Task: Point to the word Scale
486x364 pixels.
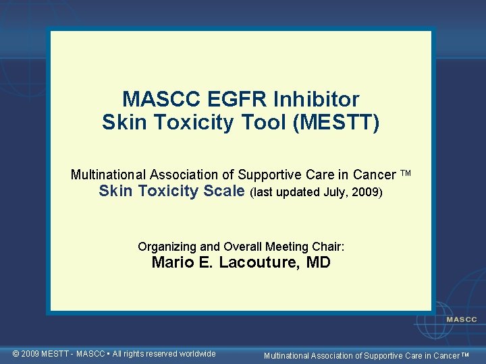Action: coord(223,191)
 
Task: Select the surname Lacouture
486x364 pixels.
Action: coord(258,263)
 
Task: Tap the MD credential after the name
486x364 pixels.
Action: coord(318,263)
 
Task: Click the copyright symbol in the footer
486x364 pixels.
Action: coord(18,354)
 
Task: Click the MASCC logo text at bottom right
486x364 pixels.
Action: coord(461,320)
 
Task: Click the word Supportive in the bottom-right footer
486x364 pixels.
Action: coord(385,355)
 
